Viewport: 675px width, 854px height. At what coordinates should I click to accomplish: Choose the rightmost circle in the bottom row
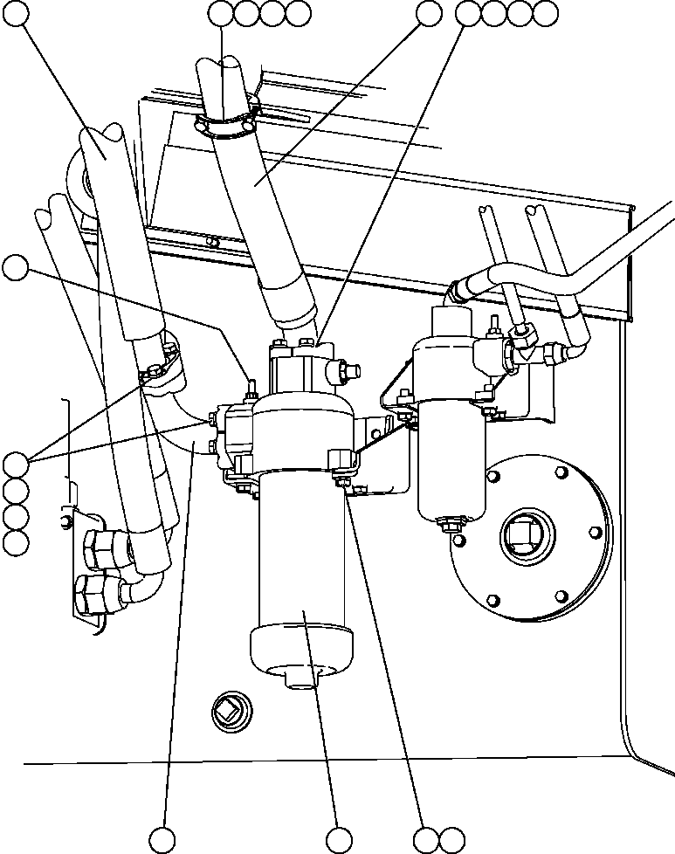point(452,839)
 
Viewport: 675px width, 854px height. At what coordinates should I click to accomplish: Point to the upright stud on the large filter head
point(250,387)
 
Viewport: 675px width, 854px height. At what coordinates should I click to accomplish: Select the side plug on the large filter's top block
point(342,373)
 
